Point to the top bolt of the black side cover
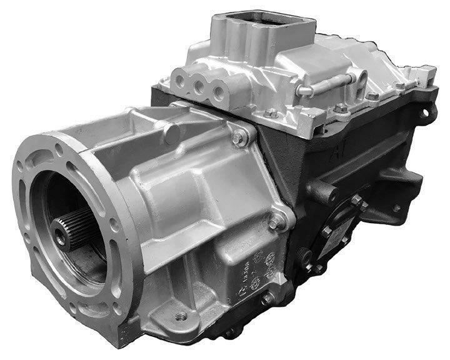pos(357,201)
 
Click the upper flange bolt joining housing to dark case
pos(241,139)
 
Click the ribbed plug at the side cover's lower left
pos(306,256)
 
